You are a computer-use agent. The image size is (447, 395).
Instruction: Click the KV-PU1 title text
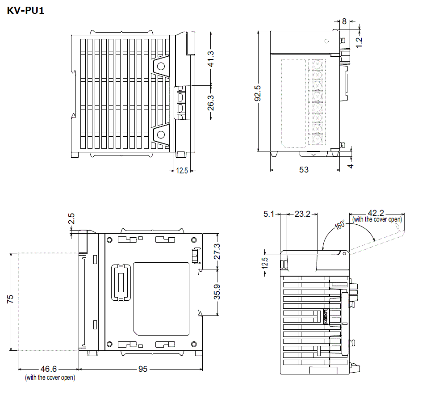pyautogui.click(x=25, y=10)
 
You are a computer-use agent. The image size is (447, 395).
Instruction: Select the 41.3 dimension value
pyautogui.click(x=210, y=59)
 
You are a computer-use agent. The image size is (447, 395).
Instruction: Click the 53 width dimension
pyautogui.click(x=304, y=170)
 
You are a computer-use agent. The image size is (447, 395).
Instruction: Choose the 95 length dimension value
pyautogui.click(x=142, y=369)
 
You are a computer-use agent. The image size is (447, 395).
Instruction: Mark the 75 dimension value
pyautogui.click(x=10, y=298)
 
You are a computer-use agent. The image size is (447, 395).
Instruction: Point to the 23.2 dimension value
pyautogui.click(x=302, y=214)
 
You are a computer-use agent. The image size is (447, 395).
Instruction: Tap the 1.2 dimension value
pyautogui.click(x=359, y=42)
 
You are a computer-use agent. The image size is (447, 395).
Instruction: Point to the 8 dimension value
pyautogui.click(x=344, y=21)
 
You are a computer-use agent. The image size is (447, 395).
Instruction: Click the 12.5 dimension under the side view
pyautogui.click(x=182, y=170)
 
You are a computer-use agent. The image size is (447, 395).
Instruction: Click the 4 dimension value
pyautogui.click(x=351, y=166)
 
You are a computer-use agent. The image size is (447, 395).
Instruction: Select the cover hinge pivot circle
pyautogui.click(x=344, y=253)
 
